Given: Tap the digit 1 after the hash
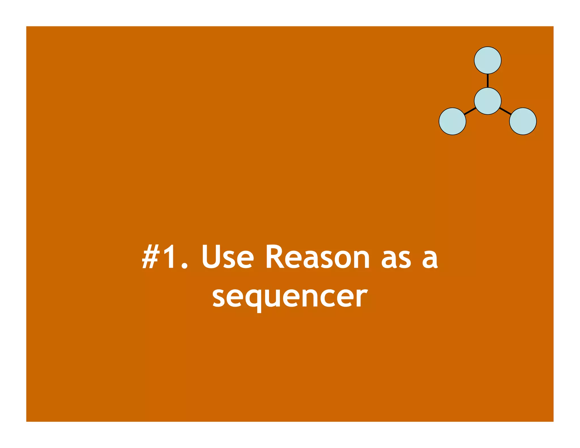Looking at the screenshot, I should pos(169,257).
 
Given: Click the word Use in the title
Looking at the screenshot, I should pos(227,257).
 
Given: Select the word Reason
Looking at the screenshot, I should pos(317,257).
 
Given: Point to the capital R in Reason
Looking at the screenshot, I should pos(274,257).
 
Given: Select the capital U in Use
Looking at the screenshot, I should pos(211,257).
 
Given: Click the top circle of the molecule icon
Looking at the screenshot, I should pos(488,60).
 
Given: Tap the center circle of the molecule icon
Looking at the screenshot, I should pos(488,101).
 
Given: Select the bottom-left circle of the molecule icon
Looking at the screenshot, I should pos(452,121).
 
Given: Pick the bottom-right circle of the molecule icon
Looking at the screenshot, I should pos(523,121).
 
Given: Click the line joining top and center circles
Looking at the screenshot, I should pos(488,81).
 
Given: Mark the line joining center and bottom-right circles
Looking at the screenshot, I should pos(505,111).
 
